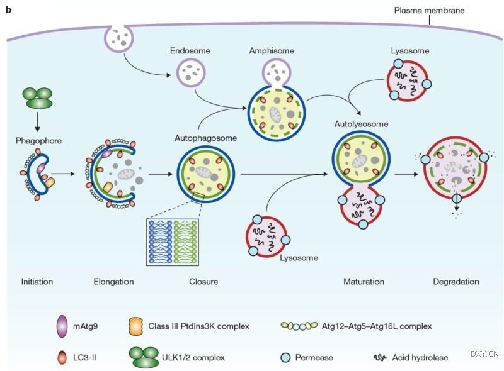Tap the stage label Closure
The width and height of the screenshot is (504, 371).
[x=203, y=281]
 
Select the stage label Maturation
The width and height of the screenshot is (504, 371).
[x=364, y=281]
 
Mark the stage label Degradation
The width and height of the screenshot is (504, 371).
[x=456, y=281]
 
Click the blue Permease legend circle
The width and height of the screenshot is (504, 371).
[x=285, y=358]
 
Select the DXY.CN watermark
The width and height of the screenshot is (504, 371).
[x=484, y=354]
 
